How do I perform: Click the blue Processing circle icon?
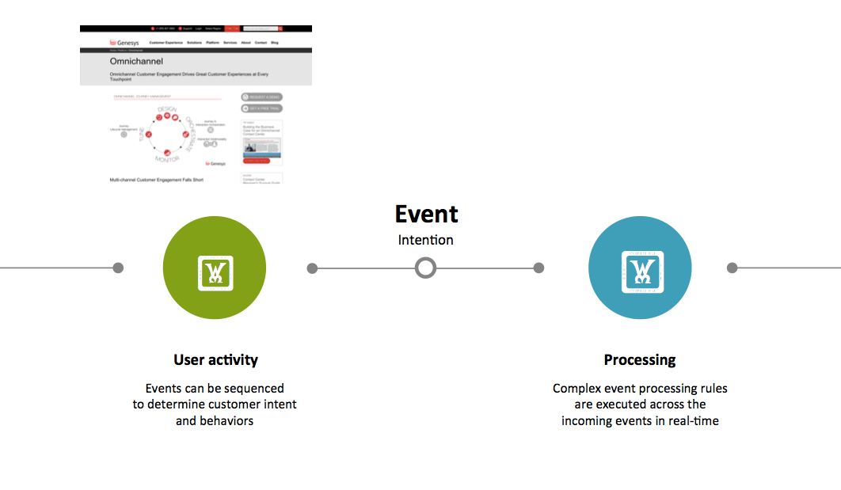coord(639,268)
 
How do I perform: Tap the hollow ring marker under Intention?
coord(426,268)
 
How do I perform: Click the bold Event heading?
coord(426,214)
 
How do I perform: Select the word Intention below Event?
coord(426,240)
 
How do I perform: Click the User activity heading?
coord(215,360)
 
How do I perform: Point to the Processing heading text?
coord(639,360)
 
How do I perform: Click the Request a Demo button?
coord(261,97)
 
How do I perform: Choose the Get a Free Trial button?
coord(261,108)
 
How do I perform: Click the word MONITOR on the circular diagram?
coord(167,159)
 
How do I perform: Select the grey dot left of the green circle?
coord(118,268)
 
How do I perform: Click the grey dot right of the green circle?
coord(312,268)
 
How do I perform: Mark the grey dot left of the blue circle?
coord(538,268)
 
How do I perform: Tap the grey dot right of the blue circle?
coord(732,268)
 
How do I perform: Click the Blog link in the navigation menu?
coord(275,42)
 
